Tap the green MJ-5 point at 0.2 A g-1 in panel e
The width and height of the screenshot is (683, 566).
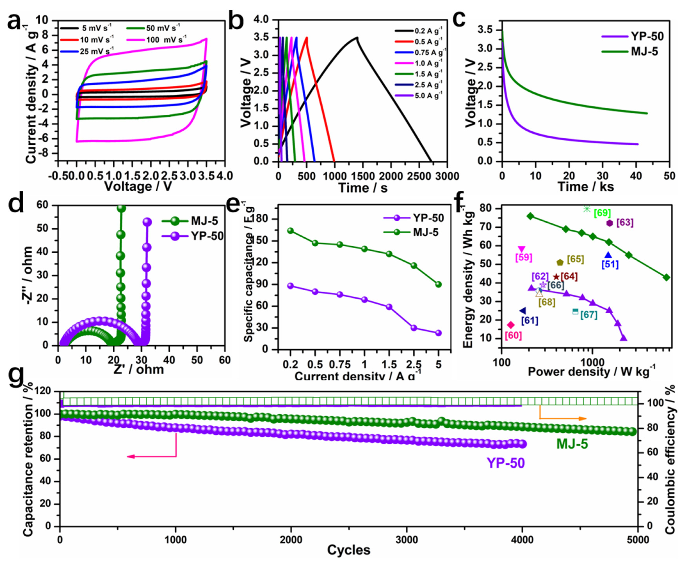(x=290, y=231)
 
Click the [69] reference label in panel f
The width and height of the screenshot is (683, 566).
(x=602, y=213)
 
